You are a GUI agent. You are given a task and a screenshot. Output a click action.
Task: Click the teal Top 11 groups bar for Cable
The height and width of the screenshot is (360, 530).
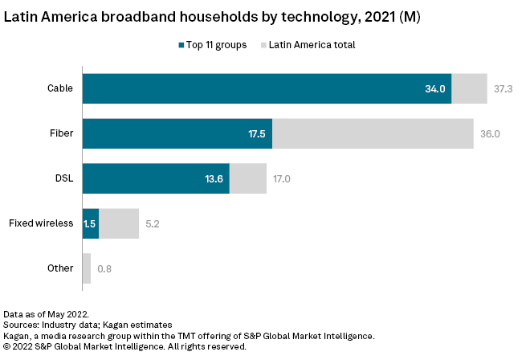[265, 88]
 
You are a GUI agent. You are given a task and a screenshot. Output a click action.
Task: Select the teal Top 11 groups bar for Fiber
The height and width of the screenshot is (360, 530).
[177, 133]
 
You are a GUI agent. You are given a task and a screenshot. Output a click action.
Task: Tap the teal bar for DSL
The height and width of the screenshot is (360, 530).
[156, 178]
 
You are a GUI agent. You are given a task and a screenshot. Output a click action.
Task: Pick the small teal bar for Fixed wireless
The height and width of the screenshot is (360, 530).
[90, 223]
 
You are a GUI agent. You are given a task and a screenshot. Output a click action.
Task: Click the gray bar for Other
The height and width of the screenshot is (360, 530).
[86, 268]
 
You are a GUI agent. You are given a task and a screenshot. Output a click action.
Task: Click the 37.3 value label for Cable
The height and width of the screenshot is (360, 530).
[503, 88]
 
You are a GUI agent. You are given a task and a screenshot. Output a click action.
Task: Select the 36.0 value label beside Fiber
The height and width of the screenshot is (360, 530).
[490, 133]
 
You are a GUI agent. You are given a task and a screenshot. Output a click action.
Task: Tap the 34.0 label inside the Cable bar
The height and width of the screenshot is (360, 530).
[435, 88]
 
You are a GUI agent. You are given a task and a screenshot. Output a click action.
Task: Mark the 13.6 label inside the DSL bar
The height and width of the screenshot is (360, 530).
[214, 178]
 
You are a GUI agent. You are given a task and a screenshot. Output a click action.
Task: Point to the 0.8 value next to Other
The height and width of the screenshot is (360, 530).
[104, 268]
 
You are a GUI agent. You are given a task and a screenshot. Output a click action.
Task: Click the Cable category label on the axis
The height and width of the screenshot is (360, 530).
[61, 88]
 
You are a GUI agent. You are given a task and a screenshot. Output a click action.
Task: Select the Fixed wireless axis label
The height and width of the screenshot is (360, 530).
[40, 223]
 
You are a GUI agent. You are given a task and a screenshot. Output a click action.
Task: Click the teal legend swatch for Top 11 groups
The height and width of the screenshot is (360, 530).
[181, 45]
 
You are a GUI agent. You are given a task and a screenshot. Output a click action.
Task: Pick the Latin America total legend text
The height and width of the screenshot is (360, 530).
[312, 45]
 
